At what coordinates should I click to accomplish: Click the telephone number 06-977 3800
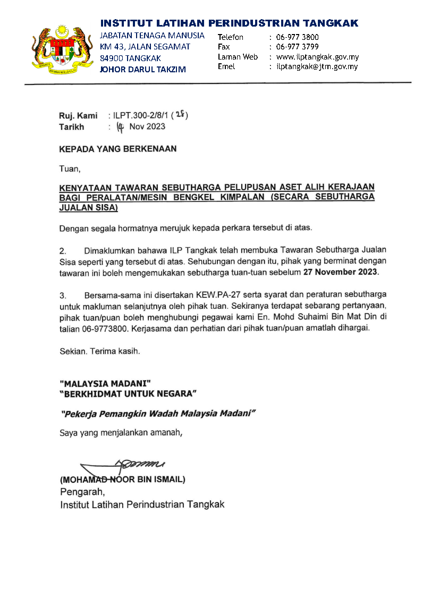298,37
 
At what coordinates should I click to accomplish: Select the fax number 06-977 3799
298,47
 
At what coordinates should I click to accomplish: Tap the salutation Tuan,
70,170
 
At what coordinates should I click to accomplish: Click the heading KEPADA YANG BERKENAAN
117,149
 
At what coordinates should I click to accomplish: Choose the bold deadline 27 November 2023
340,272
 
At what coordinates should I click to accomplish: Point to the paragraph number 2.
62,250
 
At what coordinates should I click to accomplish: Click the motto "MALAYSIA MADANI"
105,383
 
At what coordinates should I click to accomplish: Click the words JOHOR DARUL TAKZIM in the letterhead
143,69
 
